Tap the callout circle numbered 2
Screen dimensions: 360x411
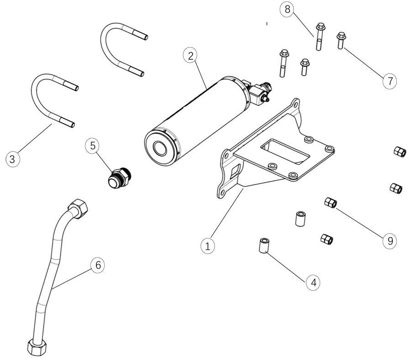point(190,56)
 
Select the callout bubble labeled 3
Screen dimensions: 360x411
point(12,159)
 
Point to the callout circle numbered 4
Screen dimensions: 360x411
point(313,282)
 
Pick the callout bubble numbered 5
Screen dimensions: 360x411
point(92,146)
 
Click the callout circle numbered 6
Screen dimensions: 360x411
point(97,265)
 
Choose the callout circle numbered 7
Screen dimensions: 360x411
point(390,81)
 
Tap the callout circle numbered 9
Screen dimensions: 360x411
point(390,241)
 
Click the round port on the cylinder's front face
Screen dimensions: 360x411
point(161,149)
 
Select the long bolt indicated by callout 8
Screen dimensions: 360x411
point(320,37)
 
